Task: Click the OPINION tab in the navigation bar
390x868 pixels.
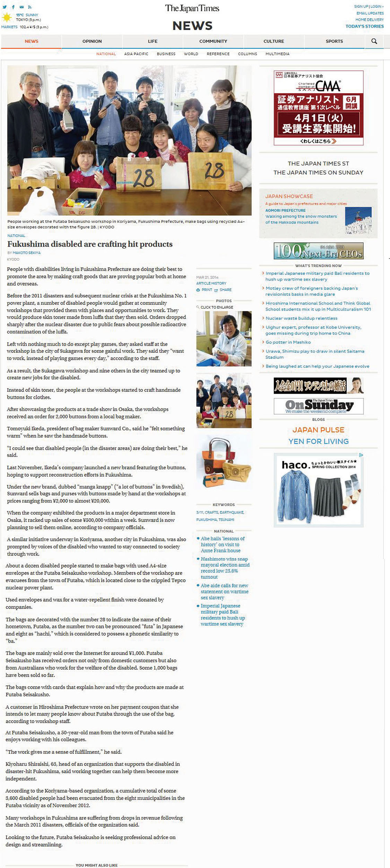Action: coord(92,41)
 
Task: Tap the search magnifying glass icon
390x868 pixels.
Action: coord(374,41)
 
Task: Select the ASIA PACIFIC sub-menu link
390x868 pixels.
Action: coord(136,54)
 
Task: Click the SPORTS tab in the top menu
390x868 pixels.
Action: coord(334,41)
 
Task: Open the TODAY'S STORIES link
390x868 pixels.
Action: coord(364,26)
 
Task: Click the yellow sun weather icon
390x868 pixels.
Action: coord(7,17)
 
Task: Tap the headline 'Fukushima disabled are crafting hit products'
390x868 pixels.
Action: coord(90,244)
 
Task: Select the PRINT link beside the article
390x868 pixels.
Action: coord(207,290)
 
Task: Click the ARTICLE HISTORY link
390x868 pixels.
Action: coord(211,283)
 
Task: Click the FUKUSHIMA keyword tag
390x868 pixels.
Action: coord(206,520)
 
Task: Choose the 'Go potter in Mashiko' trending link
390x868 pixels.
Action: coord(288,342)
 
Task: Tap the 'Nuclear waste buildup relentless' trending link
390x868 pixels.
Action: coord(301,318)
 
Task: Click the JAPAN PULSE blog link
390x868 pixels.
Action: coord(318,430)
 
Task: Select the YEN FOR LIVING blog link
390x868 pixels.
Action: coord(318,441)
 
